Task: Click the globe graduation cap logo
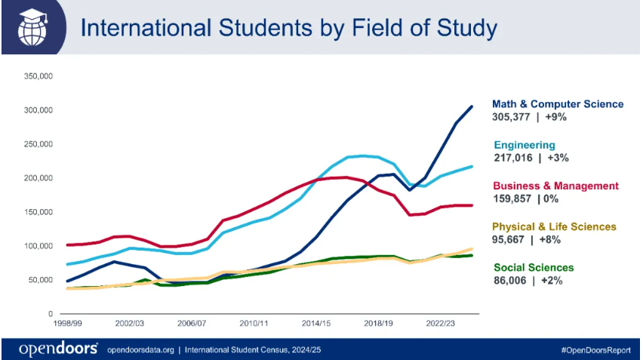[35, 27]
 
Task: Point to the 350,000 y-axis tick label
[37, 76]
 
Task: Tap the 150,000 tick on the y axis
[37, 212]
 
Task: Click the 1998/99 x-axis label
[68, 323]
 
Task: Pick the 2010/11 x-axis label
[254, 323]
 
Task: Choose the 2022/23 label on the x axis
[441, 323]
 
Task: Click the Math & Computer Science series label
[558, 104]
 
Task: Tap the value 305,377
[513, 117]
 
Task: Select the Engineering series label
[524, 145]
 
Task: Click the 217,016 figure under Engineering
[513, 158]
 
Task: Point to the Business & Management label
[555, 186]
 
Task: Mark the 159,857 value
[513, 198]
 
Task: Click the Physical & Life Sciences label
[554, 226]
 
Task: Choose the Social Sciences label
[533, 267]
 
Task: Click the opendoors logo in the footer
[59, 349]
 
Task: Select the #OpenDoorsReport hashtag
[595, 349]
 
